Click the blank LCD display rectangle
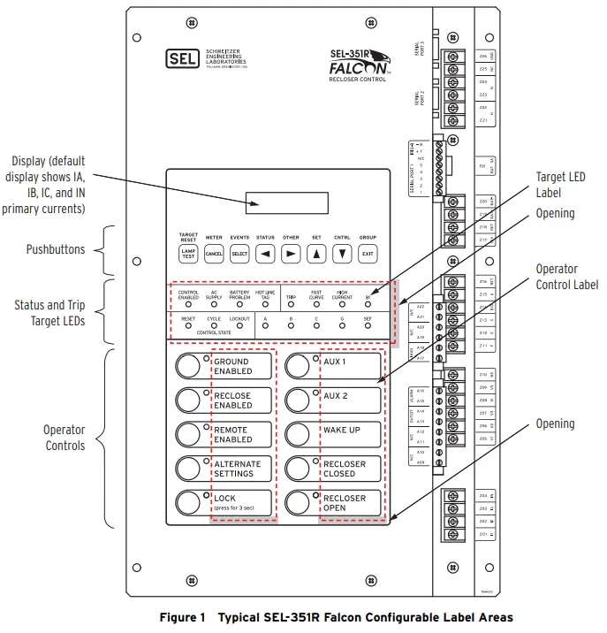287,203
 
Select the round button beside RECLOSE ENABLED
188,400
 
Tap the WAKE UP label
342,431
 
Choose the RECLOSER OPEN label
345,503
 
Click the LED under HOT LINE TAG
265,304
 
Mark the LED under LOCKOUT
239,324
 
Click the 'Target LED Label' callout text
560,183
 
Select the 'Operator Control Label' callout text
566,277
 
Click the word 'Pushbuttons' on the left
56,249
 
